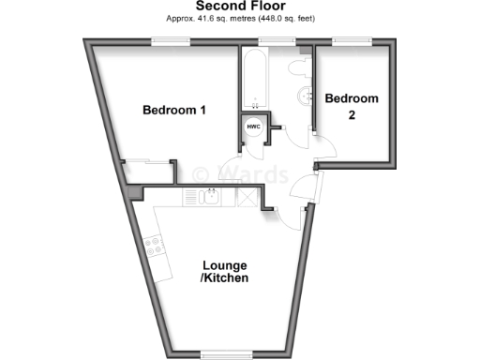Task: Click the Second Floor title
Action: (x=239, y=6)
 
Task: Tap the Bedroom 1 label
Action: (x=174, y=111)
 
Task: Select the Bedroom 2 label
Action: (x=352, y=105)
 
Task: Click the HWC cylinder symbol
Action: (x=253, y=127)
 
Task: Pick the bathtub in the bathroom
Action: (x=255, y=80)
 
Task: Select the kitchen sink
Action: (x=207, y=197)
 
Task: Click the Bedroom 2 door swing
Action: (x=323, y=148)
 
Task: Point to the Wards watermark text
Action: (x=239, y=173)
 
